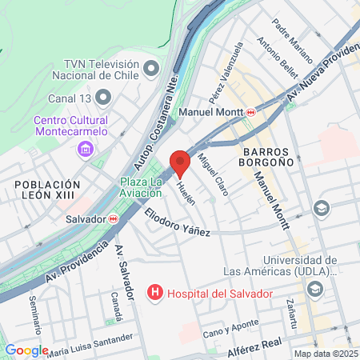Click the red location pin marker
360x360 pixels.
(x=180, y=162)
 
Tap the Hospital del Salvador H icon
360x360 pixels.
(x=155, y=294)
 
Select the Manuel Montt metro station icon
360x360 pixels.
(x=251, y=112)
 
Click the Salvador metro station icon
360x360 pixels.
(x=114, y=218)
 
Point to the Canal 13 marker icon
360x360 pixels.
(x=103, y=98)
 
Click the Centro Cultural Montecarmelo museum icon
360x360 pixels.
(x=87, y=149)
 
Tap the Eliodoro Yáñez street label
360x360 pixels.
(x=177, y=222)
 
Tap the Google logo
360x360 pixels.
(x=26, y=350)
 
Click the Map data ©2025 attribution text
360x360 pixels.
(x=324, y=353)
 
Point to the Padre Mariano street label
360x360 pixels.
(x=290, y=37)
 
